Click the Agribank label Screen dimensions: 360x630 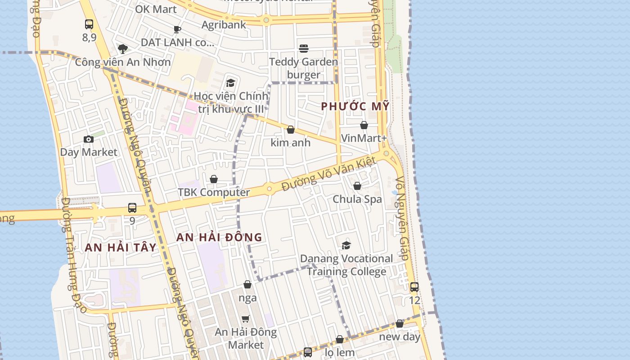click(x=224, y=25)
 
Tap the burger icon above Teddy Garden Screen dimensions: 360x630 click(x=304, y=48)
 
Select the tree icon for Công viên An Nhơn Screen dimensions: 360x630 click(x=122, y=49)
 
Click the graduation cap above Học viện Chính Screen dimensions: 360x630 click(x=231, y=83)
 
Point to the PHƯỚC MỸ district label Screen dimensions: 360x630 click(x=355, y=107)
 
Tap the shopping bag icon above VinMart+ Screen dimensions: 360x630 click(x=364, y=125)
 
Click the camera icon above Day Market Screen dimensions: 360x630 click(x=89, y=139)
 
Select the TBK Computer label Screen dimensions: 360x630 click(x=214, y=193)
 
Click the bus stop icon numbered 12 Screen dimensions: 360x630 click(x=414, y=287)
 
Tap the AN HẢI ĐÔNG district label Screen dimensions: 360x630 click(x=219, y=237)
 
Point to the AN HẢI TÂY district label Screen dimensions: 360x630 click(x=121, y=247)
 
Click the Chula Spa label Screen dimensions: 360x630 click(x=357, y=199)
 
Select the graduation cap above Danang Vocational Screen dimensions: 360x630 click(x=346, y=245)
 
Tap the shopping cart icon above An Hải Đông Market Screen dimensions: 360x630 click(x=245, y=319)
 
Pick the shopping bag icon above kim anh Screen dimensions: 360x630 click(x=291, y=130)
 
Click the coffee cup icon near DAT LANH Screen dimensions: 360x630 click(x=177, y=30)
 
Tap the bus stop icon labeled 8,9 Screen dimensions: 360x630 click(x=89, y=24)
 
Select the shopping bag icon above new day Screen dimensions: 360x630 click(x=400, y=324)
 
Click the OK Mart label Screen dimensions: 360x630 click(x=156, y=9)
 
